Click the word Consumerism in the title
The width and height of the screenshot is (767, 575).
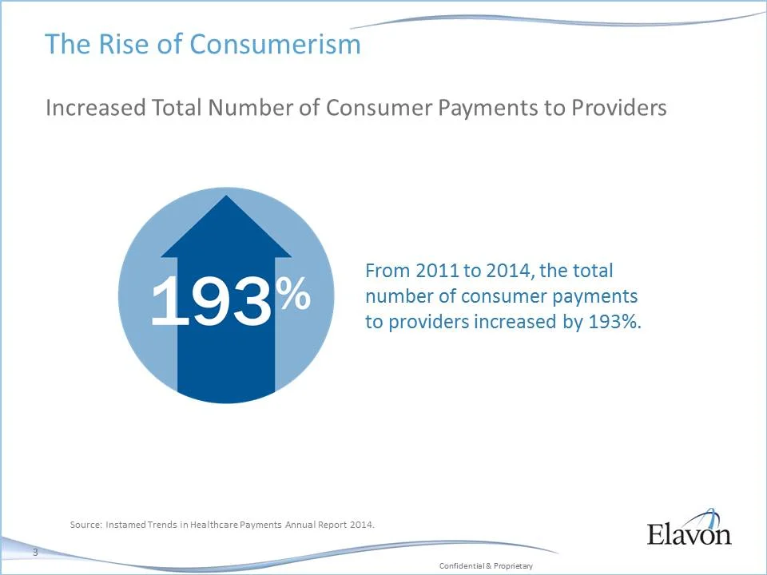[275, 44]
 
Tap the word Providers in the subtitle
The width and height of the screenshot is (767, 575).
[618, 109]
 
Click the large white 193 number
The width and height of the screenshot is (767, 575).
[211, 301]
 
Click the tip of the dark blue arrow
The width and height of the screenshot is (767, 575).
[227, 200]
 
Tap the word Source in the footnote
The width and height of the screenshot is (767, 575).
[85, 525]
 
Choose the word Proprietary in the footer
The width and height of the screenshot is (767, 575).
[513, 565]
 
